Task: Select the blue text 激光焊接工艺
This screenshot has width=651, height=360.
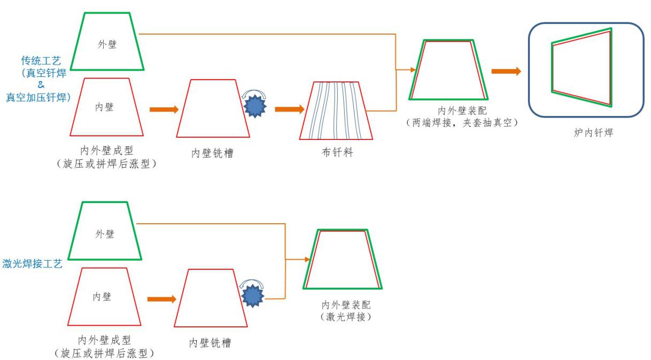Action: (x=33, y=263)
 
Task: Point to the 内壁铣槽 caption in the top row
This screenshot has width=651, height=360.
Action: (x=212, y=153)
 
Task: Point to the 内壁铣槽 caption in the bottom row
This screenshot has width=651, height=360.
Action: (x=210, y=342)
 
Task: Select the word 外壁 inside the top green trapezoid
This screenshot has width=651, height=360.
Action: (x=106, y=45)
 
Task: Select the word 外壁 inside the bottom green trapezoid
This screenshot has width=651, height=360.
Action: (x=104, y=234)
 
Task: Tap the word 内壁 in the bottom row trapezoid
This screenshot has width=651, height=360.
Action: (x=102, y=296)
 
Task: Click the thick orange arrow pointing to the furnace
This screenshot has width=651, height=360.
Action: (x=506, y=72)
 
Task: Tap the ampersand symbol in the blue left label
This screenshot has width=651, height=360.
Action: (x=41, y=85)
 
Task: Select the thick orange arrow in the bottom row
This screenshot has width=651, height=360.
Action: (x=161, y=299)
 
